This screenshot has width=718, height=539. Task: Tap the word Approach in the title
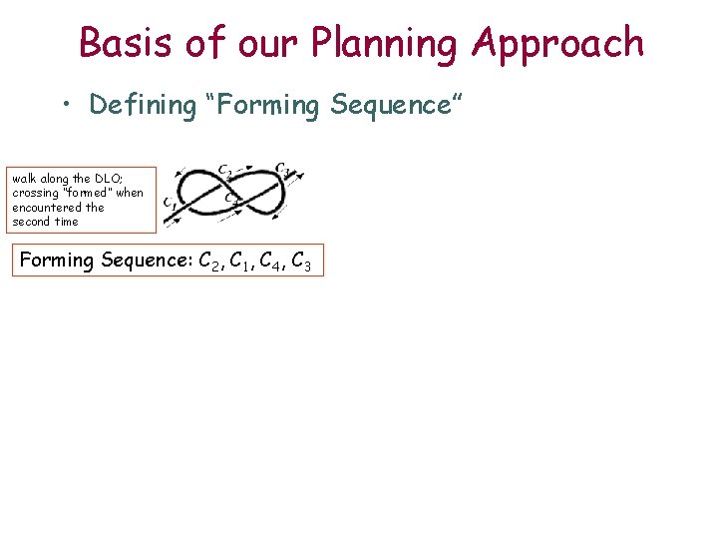click(x=558, y=45)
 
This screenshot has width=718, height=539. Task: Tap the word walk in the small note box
click(x=24, y=179)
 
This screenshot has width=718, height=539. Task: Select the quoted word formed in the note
click(x=89, y=193)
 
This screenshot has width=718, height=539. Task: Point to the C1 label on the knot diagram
click(x=171, y=207)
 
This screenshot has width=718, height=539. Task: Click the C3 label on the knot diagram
click(x=283, y=169)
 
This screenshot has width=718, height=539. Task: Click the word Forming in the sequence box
click(x=56, y=261)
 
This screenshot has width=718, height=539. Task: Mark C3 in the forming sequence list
click(x=302, y=263)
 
